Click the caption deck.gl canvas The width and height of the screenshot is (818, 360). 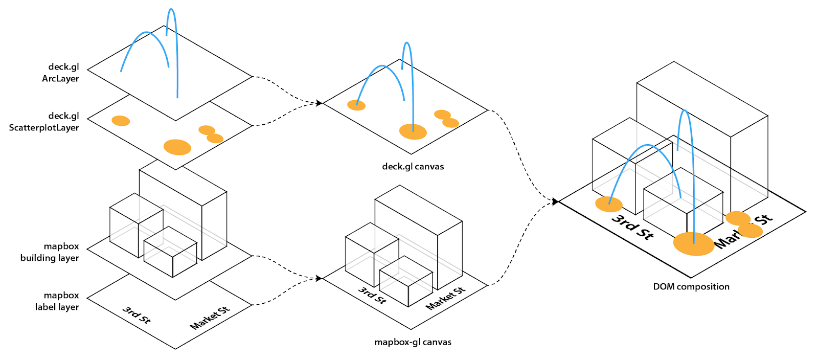coord(413,167)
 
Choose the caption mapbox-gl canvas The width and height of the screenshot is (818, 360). coord(413,342)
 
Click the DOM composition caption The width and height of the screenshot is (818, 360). coord(691,287)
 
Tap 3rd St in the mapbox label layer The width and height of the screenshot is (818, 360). coord(137,316)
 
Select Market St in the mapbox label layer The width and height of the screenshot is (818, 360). coord(210,318)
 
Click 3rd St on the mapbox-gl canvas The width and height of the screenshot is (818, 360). coord(372,295)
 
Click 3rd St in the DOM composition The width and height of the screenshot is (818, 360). coord(632,227)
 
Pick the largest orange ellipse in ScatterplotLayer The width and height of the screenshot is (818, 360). coord(177,147)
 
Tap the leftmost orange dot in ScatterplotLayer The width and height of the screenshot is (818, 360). coord(121,121)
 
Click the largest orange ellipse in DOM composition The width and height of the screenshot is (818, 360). coord(693,244)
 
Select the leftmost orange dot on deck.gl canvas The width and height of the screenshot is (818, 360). coord(356,105)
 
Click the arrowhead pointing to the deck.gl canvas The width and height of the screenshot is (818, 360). coord(319,103)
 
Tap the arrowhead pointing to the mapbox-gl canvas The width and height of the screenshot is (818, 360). coord(319,278)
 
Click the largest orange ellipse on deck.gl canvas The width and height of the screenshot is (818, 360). coord(413,132)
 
